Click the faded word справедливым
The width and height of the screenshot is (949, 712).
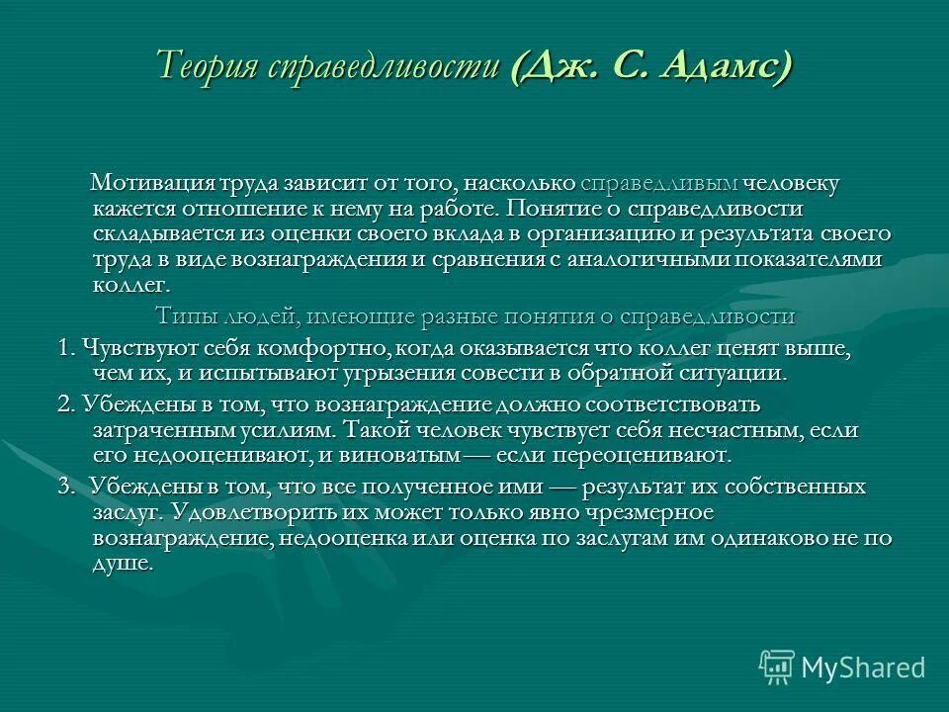659,184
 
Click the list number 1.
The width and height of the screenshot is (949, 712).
65,349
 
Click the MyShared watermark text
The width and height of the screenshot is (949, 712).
863,667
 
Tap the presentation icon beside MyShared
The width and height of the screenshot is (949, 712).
777,667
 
